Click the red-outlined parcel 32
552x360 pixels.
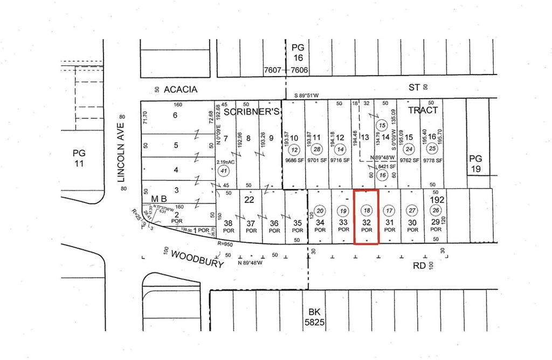tap(367, 217)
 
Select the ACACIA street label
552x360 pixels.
tap(181, 89)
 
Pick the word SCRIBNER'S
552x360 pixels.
tap(251, 112)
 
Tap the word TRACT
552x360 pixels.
tap(423, 110)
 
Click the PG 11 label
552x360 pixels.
tap(79, 158)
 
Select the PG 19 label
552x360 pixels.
tap(475, 164)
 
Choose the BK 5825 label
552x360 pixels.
tap(314, 317)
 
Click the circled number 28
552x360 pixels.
tap(317, 150)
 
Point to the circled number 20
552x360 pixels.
tap(320, 211)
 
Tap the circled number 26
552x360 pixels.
tap(436, 210)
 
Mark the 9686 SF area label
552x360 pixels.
tap(294, 161)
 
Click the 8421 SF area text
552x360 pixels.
tap(383, 167)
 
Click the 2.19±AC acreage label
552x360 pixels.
tap(224, 162)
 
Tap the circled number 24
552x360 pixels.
tap(409, 150)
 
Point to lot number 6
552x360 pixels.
tap(175, 115)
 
